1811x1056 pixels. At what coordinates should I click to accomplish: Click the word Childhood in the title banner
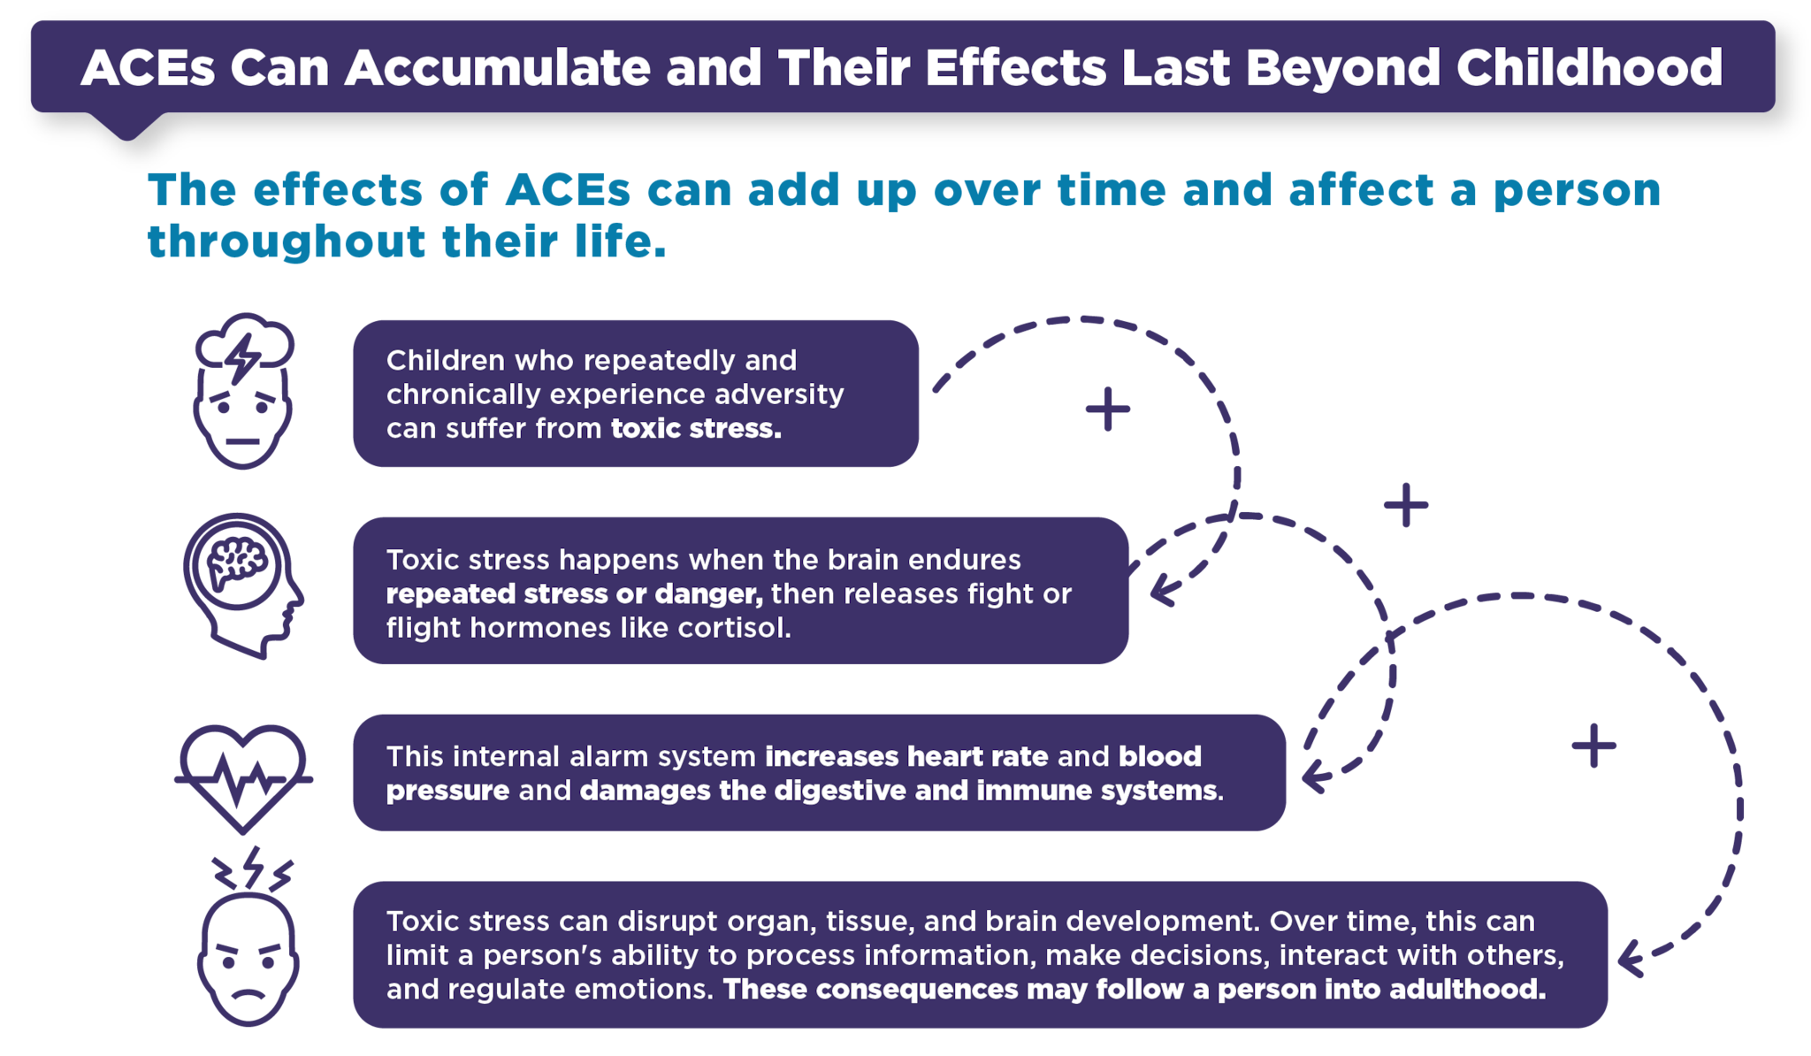click(1589, 67)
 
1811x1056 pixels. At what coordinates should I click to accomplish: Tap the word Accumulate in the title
click(498, 67)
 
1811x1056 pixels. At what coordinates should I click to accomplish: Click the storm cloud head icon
click(243, 390)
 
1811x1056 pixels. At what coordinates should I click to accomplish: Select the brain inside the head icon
click(236, 563)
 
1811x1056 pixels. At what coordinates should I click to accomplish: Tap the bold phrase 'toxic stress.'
click(696, 429)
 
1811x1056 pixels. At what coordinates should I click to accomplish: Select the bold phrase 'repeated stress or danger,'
click(574, 594)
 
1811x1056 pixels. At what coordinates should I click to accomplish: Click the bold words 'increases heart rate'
click(906, 756)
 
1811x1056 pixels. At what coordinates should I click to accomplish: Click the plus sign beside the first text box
click(1108, 409)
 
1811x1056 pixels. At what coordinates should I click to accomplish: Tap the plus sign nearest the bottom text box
click(1593, 746)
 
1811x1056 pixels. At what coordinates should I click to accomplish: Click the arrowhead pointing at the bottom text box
click(1632, 960)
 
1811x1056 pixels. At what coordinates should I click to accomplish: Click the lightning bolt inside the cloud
click(242, 357)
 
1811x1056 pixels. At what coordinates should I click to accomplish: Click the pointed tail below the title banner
click(127, 126)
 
